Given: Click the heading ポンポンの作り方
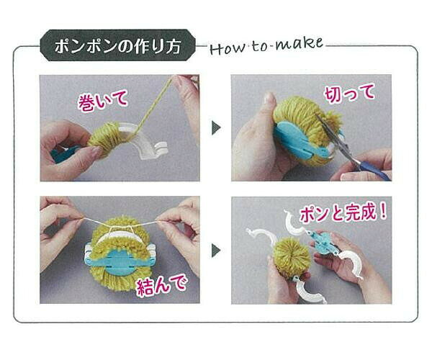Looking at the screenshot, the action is point(118,46).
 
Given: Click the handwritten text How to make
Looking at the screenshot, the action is point(266,46).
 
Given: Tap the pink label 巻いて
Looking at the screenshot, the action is point(103,101).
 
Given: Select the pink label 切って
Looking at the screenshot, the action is point(350,94).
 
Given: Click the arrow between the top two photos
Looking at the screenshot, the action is point(216,127).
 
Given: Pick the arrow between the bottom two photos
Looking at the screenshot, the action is point(216,251).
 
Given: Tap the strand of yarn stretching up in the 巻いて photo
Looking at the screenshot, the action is point(154,104).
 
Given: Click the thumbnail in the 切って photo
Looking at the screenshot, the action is point(270,99).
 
